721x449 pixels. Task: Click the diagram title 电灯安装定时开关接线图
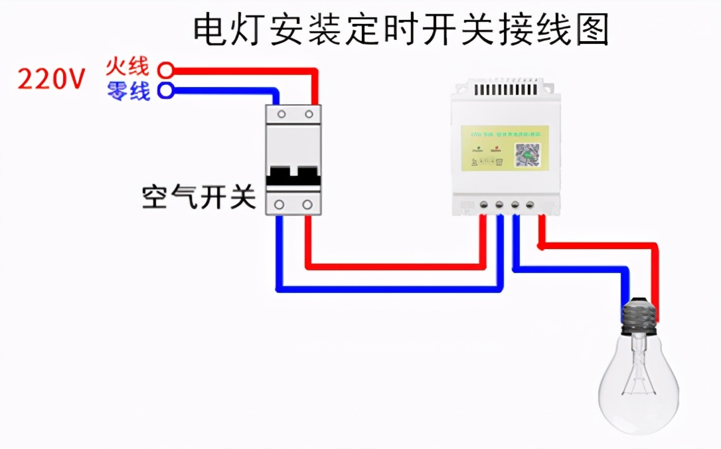[x=401, y=30]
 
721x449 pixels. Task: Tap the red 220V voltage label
[x=51, y=80]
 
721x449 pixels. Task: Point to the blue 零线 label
[x=128, y=90]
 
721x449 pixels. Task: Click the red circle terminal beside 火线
[x=166, y=69]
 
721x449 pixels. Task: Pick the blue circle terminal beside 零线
[x=166, y=90]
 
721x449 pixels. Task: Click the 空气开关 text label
[x=199, y=197]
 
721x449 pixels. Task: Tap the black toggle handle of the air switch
[x=293, y=176]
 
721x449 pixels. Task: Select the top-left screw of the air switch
[x=281, y=114]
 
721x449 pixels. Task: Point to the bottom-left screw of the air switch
[x=281, y=204]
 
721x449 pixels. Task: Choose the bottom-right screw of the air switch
[x=307, y=204]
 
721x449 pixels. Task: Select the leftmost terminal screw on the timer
[x=484, y=204]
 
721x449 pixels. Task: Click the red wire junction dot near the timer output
[x=542, y=246]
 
